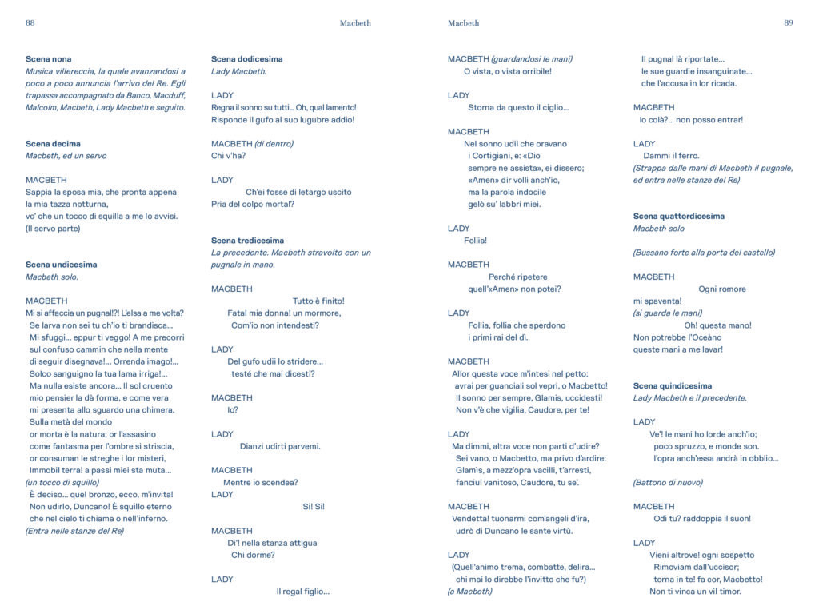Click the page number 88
pos(30,23)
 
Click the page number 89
pos(788,23)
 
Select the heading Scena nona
pos(48,59)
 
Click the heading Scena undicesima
pos(62,265)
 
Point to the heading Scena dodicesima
pos(246,59)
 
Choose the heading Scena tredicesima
pos(247,241)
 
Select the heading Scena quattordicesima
pos(679,217)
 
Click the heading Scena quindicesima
pos(673,386)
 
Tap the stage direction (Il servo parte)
pos(53,229)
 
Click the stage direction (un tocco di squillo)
pos(62,483)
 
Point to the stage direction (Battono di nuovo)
pos(668,483)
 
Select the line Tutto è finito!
pos(318,301)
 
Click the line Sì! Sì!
pos(314,507)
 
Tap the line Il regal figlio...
pos(302,592)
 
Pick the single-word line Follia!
pos(475,241)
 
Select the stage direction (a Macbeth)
pos(469,592)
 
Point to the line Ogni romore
pos(721,289)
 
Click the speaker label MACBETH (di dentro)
pos(252,144)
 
